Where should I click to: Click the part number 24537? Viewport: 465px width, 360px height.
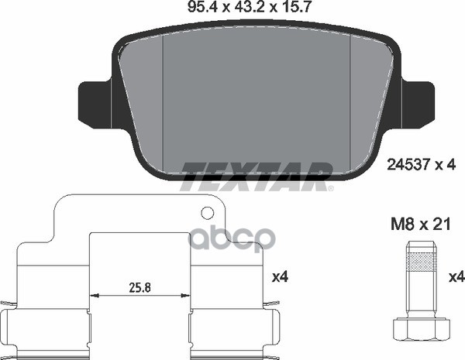click(408, 165)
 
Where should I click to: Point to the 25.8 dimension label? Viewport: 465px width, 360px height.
click(139, 287)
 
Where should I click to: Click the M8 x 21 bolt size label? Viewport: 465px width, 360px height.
click(421, 224)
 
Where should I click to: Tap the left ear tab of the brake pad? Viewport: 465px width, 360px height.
click(95, 101)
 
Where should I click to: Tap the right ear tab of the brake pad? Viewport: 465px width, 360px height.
click(417, 101)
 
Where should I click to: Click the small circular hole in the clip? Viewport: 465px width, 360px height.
click(207, 212)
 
